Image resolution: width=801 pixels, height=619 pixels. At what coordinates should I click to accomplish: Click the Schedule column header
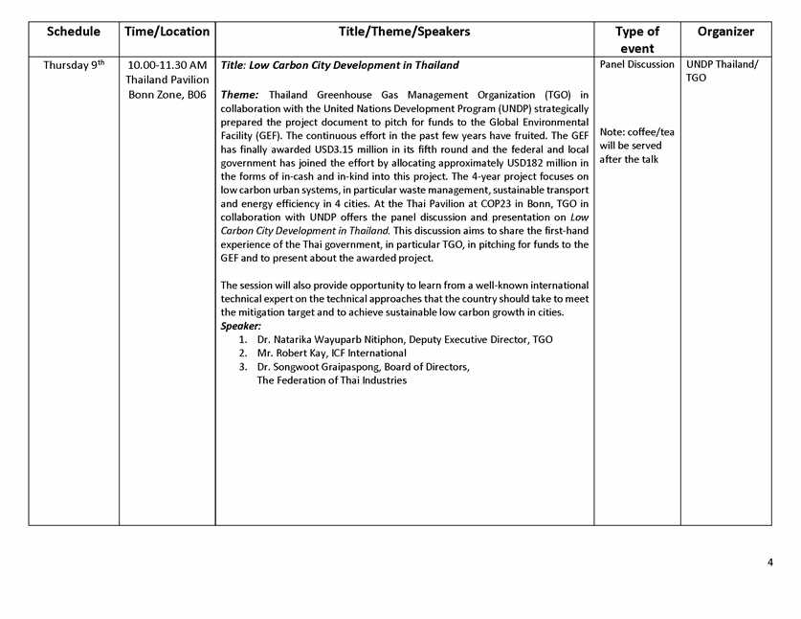click(74, 32)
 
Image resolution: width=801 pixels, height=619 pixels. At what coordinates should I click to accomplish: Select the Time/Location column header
click(167, 32)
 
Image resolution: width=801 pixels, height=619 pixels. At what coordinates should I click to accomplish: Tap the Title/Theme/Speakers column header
click(404, 32)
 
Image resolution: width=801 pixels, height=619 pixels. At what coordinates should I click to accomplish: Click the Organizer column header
click(725, 32)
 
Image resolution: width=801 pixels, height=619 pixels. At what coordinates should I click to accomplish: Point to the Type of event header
click(636, 39)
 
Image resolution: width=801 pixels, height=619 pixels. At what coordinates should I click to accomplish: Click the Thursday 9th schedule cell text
click(74, 65)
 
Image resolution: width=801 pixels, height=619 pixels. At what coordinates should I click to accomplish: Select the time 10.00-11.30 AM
click(167, 65)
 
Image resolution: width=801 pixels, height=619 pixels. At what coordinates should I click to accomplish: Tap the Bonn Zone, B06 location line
click(167, 95)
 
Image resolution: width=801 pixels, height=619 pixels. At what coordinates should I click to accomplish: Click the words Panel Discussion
click(636, 65)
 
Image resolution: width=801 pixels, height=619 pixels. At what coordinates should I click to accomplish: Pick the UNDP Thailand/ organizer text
click(722, 65)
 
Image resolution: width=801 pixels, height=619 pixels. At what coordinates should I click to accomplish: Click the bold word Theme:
click(239, 95)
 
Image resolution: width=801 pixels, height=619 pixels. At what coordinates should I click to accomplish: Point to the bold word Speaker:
click(241, 326)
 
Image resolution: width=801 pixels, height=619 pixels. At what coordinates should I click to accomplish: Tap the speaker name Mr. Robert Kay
click(292, 354)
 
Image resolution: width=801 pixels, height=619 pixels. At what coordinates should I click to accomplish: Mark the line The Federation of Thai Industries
click(331, 380)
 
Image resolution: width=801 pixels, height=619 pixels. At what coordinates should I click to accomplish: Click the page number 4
click(769, 562)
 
